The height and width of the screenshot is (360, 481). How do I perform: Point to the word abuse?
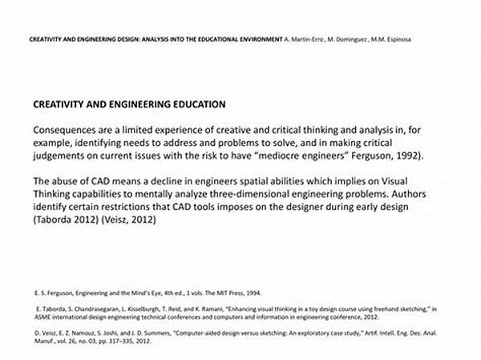coord(69,181)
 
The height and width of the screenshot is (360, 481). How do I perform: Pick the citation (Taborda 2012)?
coord(66,220)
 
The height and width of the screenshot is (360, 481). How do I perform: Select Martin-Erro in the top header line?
coord(306,38)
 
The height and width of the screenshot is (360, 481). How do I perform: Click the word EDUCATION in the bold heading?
coord(192,104)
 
